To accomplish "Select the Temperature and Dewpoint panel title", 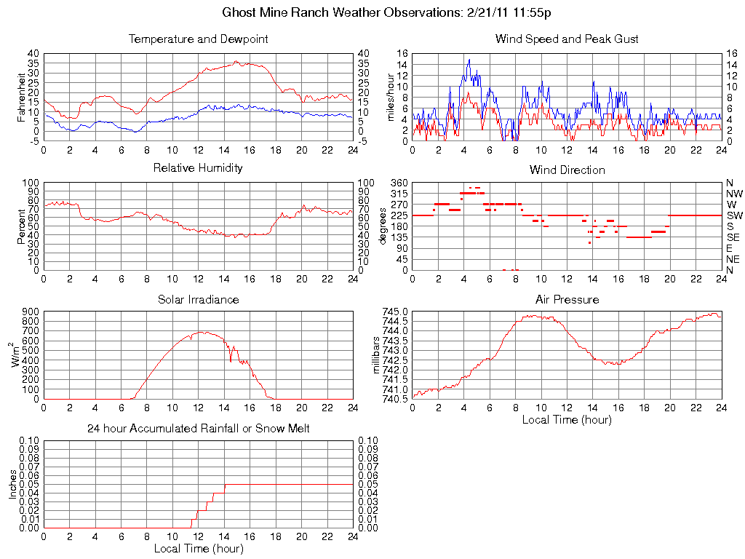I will [198, 39].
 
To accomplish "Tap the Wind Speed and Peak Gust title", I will [567, 39].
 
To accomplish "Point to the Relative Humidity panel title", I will [198, 168].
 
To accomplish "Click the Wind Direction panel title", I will [567, 170].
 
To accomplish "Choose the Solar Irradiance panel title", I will [198, 299].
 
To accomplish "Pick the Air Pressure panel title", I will [567, 299].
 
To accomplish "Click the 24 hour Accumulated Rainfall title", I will [198, 429].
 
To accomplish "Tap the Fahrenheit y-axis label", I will [23, 97].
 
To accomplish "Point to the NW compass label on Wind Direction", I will [733, 194].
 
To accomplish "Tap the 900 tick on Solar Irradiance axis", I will [31, 312].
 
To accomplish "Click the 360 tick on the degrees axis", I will [399, 183].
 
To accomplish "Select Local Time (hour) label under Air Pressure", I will [567, 420].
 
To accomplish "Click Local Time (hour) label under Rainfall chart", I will [198, 548].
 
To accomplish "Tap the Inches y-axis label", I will [12, 484].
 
